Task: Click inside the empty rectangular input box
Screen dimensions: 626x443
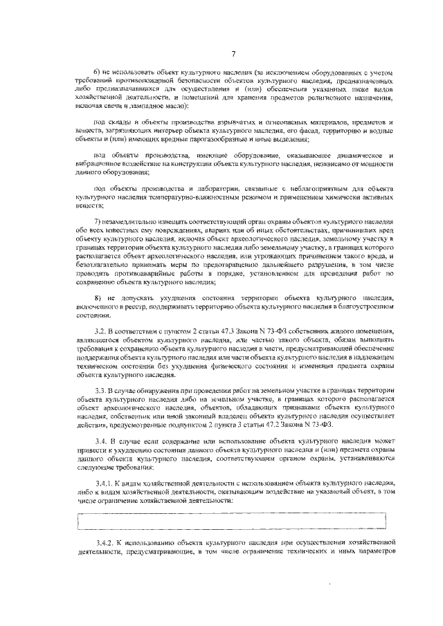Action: [233, 519]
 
